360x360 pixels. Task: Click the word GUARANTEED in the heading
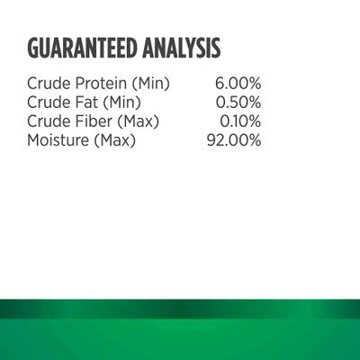[84, 47]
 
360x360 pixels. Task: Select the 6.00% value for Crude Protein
[238, 84]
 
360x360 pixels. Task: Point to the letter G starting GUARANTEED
[34, 47]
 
